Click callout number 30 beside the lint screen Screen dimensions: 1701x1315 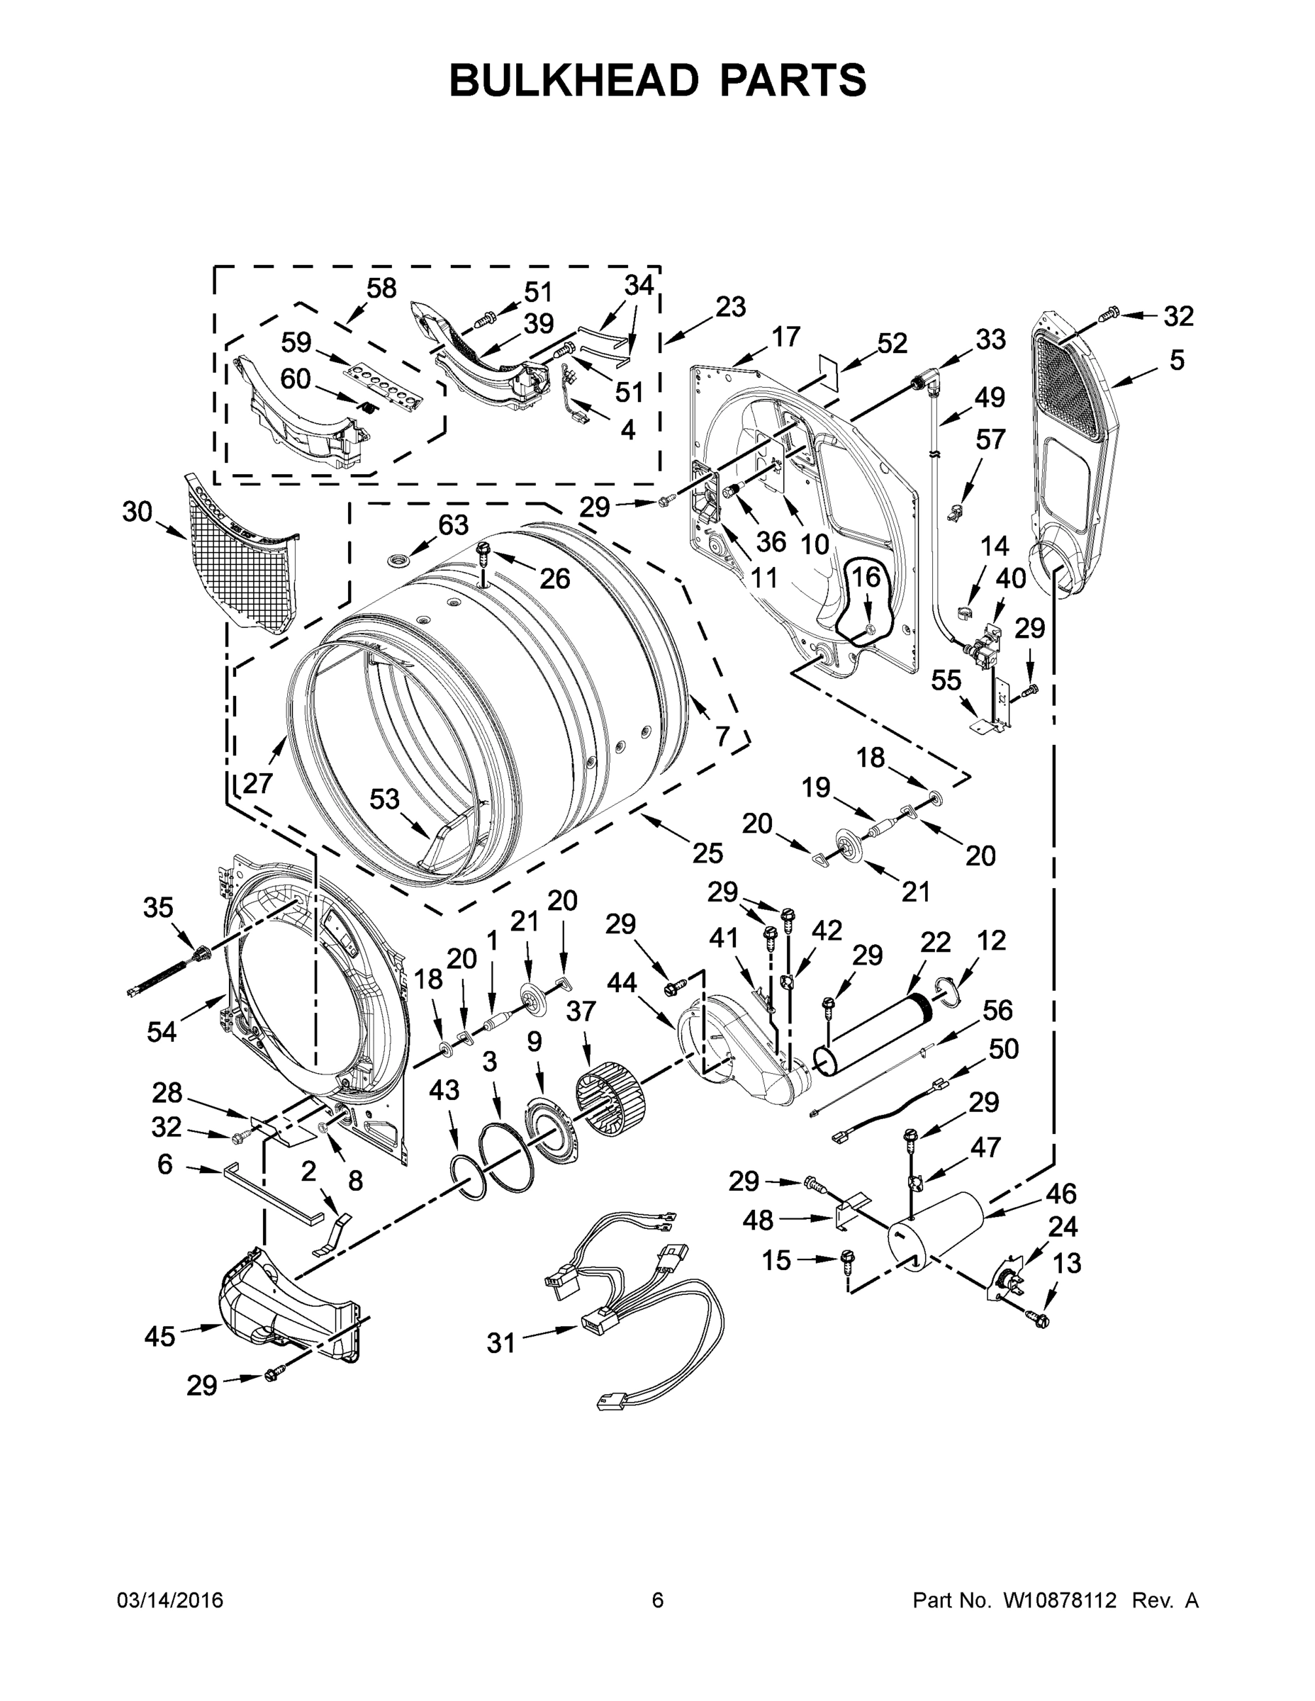pos(137,512)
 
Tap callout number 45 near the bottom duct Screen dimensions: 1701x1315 pos(160,1337)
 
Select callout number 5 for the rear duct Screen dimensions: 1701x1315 pos(1176,360)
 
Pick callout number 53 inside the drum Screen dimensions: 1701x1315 pos(384,799)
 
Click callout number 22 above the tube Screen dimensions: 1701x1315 pos(936,943)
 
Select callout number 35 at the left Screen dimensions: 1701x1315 pos(158,907)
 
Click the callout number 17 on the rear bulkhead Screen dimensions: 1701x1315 pos(785,337)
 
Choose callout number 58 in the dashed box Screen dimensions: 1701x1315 pos(381,288)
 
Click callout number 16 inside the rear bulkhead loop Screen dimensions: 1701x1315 pos(866,578)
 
